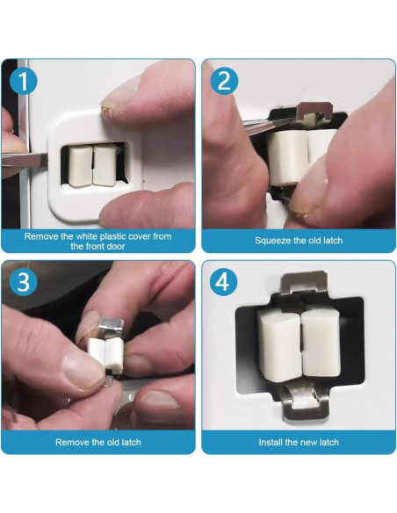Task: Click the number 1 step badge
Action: coord(23,81)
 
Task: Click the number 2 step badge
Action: coord(224,81)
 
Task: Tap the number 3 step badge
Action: coord(23,282)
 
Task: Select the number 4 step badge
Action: coord(224,282)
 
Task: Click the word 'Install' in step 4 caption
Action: coord(271,443)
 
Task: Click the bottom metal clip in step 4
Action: coord(306,402)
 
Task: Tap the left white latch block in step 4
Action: coord(278,344)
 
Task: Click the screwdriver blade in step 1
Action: coord(25,160)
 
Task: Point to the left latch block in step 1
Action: coord(80,166)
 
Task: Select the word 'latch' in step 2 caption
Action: coord(331,241)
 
